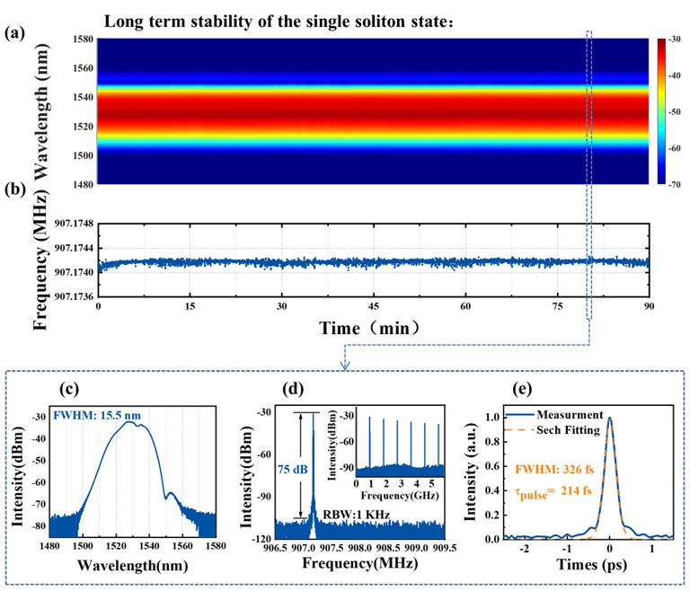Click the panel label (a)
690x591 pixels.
tap(14, 33)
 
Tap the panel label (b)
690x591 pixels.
tap(14, 190)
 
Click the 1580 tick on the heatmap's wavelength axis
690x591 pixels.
tap(75, 39)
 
